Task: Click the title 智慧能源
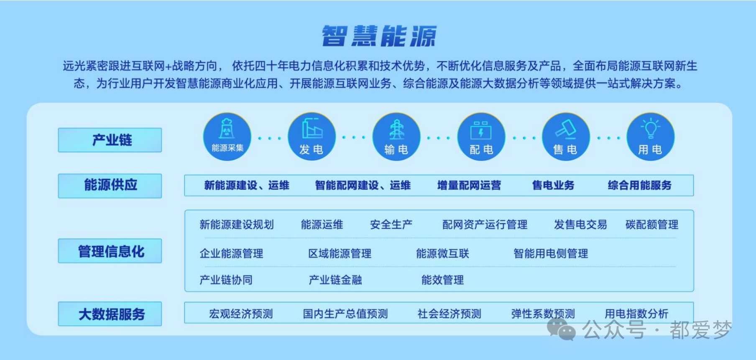coord(379,36)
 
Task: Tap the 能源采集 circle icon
coord(227,137)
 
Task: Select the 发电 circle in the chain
coord(312,137)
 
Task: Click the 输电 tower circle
coord(396,137)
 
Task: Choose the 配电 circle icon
coord(481,137)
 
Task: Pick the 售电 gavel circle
coord(566,137)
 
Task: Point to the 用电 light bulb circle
coord(651,137)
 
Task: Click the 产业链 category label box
coord(110,140)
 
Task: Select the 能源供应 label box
coord(110,186)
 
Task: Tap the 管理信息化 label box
coord(110,251)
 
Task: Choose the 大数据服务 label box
coord(110,314)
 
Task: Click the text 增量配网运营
coord(469,185)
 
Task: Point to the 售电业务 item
coord(553,185)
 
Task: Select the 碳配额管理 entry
coord(652,225)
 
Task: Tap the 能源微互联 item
coord(442,253)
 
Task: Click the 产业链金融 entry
coord(335,280)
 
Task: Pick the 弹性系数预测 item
coord(543,314)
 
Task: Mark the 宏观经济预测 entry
coord(241,314)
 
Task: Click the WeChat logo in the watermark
coord(561,329)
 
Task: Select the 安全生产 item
coord(391,225)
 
